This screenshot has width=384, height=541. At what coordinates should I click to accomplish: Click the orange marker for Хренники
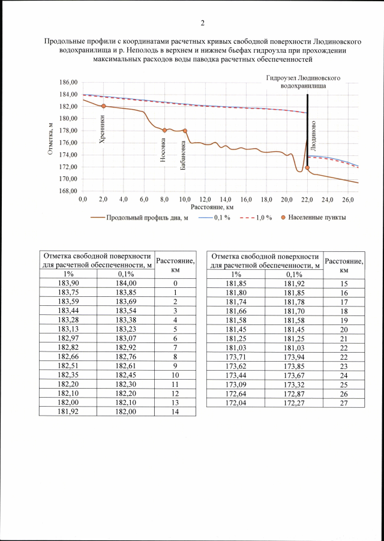point(103,106)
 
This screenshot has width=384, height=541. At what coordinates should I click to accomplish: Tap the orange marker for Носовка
point(164,130)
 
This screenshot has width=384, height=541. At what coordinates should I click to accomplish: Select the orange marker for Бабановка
point(185,131)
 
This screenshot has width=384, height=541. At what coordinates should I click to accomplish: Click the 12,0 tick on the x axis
point(205,199)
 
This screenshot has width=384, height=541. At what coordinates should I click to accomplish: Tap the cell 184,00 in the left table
point(126,283)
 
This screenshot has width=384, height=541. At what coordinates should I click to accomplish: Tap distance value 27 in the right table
point(344,403)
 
